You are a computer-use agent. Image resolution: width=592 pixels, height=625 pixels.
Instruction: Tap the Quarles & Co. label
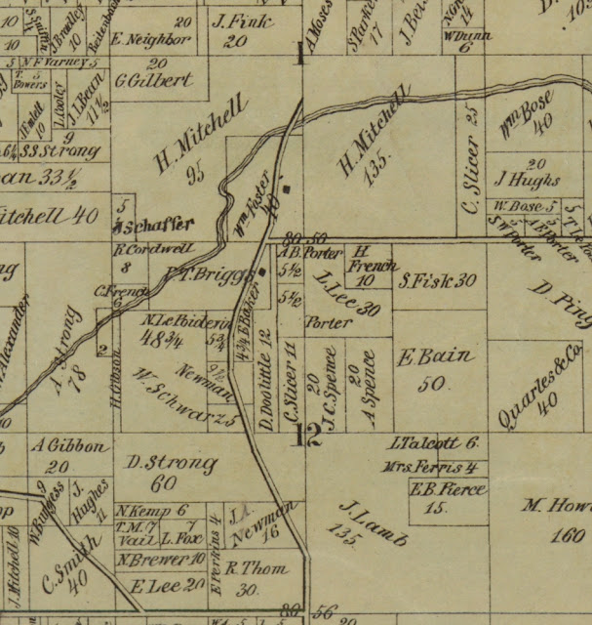tap(540, 378)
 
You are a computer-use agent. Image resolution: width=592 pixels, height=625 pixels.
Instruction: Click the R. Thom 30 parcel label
tap(252, 576)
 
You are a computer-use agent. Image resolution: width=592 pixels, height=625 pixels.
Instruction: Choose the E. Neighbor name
tap(149, 40)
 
